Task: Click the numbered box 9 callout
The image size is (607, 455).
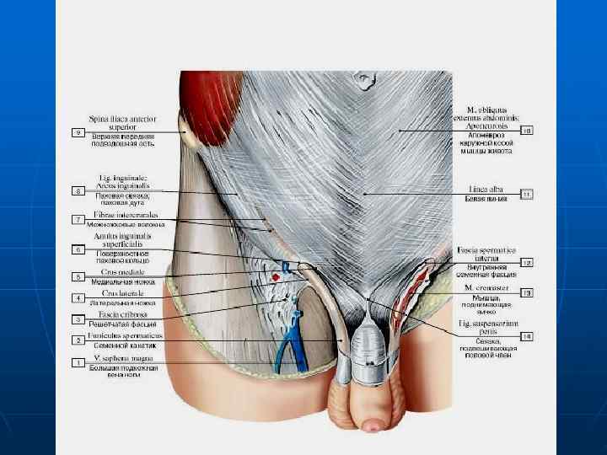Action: [x=78, y=132]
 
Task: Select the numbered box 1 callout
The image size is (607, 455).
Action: [x=78, y=363]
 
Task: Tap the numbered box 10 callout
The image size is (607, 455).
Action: [x=527, y=131]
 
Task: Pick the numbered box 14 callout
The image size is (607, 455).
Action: [x=527, y=336]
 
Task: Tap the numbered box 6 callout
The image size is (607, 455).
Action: [x=78, y=250]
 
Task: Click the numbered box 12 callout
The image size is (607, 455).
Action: [x=527, y=263]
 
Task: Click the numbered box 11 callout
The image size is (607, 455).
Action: [x=527, y=195]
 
